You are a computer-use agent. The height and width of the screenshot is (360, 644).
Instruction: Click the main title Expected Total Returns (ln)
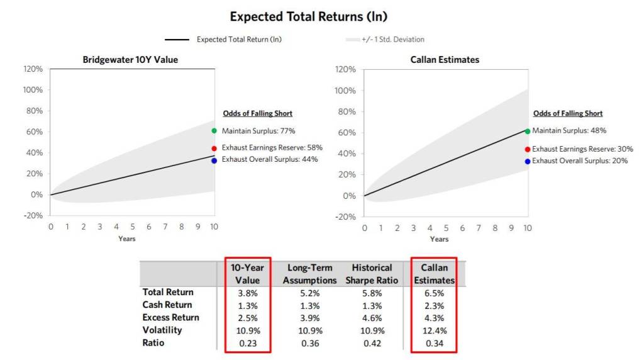coord(308,16)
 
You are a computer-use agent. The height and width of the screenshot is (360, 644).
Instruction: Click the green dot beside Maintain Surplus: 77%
coord(214,131)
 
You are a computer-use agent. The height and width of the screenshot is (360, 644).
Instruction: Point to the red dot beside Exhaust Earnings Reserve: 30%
coord(527,149)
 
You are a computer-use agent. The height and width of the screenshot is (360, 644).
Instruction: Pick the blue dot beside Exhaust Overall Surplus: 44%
coord(214,160)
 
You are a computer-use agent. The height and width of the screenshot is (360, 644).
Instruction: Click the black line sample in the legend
coord(177,40)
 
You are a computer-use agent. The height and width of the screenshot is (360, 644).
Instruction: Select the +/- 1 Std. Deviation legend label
coord(392,40)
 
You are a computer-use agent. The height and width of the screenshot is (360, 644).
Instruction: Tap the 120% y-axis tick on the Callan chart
coord(346,69)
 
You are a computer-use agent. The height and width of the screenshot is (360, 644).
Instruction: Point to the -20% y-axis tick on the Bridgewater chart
coord(33,216)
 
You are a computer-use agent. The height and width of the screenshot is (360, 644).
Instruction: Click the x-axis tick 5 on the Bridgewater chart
coord(133,227)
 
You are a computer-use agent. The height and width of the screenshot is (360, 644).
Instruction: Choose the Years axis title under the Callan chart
coord(439,239)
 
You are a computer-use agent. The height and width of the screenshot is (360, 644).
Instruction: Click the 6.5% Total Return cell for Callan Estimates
coord(434,293)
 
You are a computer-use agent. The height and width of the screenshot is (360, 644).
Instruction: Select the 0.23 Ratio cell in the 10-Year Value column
coord(248,343)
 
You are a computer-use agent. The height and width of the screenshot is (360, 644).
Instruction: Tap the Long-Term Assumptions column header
coord(309,274)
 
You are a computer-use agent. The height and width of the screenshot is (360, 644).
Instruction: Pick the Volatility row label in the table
coord(162,330)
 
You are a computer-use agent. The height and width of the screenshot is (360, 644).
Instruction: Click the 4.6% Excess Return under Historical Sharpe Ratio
coord(372,318)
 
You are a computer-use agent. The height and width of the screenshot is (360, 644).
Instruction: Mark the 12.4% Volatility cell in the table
coord(434,330)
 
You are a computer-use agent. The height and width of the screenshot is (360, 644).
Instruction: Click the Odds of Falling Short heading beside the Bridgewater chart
coord(257,113)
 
